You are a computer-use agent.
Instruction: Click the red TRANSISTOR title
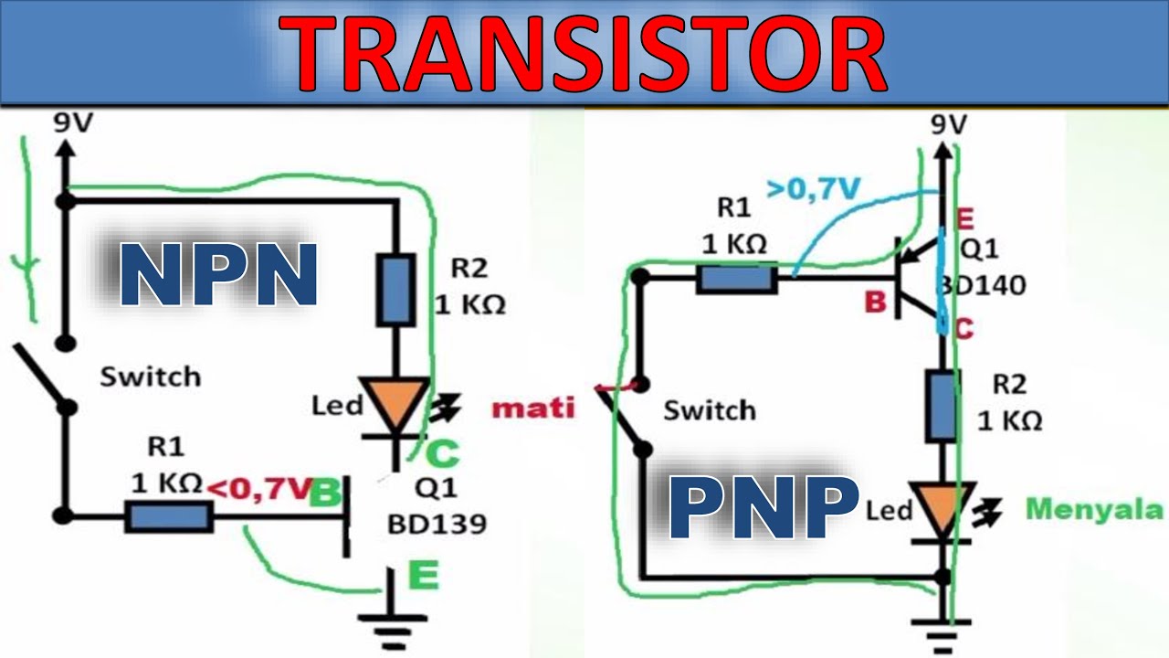pos(583,54)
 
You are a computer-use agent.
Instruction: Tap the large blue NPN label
pos(218,274)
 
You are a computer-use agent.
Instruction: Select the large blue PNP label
pos(764,508)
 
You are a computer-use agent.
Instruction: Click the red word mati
pos(532,408)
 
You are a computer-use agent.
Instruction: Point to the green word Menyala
pos(1094,509)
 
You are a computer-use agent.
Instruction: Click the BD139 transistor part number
pos(437,524)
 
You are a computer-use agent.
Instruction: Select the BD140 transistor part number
pos(982,285)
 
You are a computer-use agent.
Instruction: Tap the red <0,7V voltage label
pos(259,489)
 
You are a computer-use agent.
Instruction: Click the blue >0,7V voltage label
pos(814,189)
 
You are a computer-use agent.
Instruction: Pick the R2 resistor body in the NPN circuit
pos(396,291)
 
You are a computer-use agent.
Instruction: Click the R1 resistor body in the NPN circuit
pos(169,517)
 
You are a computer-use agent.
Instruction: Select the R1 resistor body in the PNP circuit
pos(737,279)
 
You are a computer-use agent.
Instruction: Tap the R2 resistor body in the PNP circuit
pos(943,406)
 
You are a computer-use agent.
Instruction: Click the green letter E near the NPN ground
pos(424,576)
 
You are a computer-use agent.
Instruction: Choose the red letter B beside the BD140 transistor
pos(875,302)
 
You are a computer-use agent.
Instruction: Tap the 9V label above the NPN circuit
pos(73,123)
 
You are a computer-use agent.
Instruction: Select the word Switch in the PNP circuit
pos(710,410)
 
